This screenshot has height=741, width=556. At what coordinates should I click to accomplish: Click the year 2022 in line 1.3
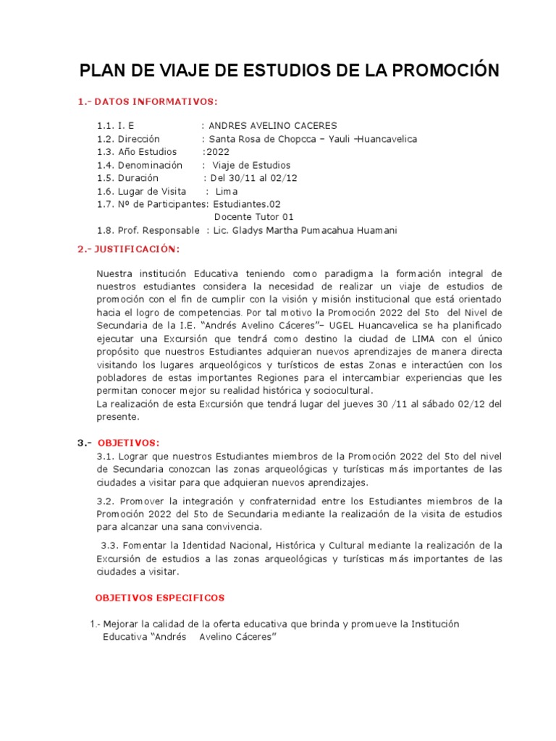pyautogui.click(x=218, y=152)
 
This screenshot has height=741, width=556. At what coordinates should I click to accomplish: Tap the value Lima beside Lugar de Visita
pyautogui.click(x=227, y=191)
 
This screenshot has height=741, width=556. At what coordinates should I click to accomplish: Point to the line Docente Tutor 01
pyautogui.click(x=254, y=217)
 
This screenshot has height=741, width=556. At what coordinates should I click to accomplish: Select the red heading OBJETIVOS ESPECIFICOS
pyautogui.click(x=160, y=598)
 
